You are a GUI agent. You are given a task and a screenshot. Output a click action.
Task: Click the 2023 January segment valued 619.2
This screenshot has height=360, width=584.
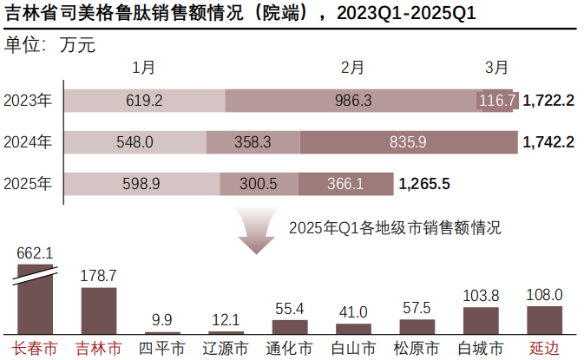144,101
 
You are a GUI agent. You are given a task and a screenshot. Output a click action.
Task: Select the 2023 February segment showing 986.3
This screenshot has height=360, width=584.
352,101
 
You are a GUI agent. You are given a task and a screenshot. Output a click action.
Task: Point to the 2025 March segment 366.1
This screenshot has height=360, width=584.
344,183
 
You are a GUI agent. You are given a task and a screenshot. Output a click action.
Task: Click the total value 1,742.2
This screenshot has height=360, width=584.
548,141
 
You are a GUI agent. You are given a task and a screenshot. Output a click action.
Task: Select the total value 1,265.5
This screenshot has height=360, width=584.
424,183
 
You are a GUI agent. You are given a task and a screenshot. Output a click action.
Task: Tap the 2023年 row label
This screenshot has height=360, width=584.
28,101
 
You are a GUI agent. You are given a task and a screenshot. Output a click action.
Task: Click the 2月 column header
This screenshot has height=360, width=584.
352,68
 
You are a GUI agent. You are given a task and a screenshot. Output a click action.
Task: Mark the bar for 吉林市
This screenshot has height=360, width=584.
98,311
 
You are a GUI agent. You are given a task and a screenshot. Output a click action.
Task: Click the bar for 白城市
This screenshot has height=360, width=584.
481,320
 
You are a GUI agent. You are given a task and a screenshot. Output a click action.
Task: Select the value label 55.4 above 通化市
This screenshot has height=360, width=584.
289,308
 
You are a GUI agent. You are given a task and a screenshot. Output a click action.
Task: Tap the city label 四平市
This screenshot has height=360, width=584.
161,349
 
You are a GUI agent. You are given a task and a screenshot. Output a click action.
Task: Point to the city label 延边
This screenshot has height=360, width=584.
544,349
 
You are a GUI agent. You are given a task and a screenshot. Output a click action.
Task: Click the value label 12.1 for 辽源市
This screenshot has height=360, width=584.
226,319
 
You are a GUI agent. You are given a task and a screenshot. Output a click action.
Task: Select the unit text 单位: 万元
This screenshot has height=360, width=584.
50,45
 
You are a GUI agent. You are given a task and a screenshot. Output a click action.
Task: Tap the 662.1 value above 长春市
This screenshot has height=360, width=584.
36,252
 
